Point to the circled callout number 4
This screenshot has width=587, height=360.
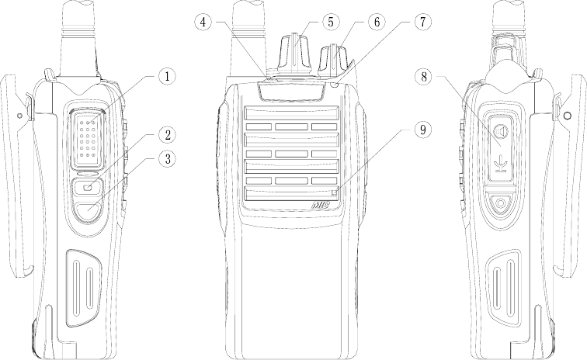pyautogui.click(x=203, y=22)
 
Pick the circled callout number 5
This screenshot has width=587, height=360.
pyautogui.click(x=331, y=22)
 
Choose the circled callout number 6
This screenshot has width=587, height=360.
pyautogui.click(x=377, y=22)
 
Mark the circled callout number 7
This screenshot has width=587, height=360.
pyautogui.click(x=422, y=22)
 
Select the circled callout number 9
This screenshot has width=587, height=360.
pyautogui.click(x=422, y=130)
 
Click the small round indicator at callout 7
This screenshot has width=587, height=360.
pyautogui.click(x=335, y=85)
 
